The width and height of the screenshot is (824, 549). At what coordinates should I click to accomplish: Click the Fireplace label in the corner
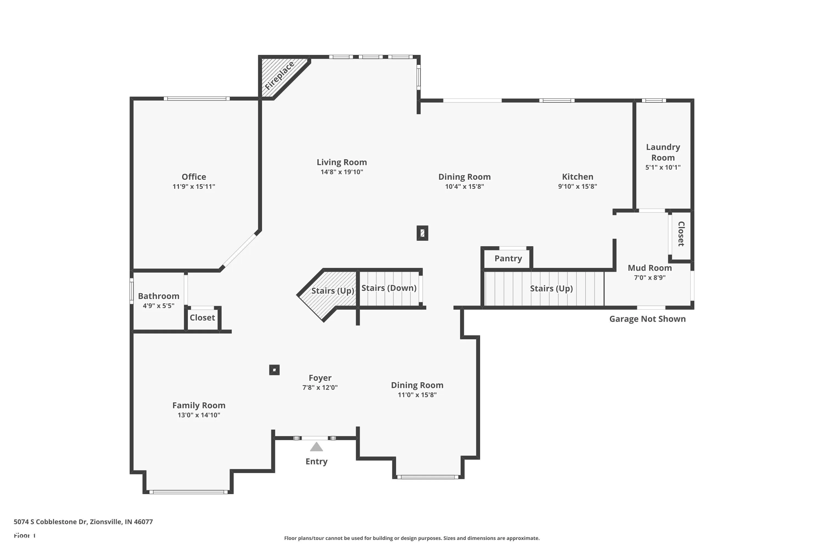tap(279, 76)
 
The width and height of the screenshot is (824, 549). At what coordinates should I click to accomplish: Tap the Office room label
tap(194, 177)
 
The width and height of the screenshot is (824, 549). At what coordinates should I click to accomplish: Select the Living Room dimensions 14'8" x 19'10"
tap(342, 172)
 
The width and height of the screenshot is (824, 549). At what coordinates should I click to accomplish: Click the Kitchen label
tap(577, 177)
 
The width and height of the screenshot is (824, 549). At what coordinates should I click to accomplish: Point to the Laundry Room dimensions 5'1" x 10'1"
tap(663, 167)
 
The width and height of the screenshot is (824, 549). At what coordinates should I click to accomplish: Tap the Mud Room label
tap(650, 268)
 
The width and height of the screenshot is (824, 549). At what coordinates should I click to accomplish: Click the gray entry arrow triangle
tap(316, 447)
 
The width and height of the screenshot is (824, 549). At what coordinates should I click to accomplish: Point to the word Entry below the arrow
tap(316, 461)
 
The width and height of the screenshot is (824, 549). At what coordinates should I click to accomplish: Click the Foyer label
tap(320, 378)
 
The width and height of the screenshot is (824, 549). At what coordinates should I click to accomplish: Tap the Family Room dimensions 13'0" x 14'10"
tap(199, 415)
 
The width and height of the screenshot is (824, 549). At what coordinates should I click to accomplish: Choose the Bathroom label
tap(158, 296)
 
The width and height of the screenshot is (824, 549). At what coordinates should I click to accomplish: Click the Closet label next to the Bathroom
tap(202, 318)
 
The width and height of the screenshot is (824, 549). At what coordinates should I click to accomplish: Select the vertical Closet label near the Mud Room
tap(681, 234)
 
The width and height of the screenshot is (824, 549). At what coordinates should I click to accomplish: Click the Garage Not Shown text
tap(647, 319)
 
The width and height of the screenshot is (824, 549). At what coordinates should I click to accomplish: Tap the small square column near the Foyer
tap(274, 370)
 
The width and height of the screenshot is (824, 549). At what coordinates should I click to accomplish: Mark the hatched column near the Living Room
tap(422, 233)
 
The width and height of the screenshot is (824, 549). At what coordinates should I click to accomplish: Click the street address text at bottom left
tap(83, 522)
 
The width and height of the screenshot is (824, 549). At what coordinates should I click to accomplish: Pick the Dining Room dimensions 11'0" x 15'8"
tap(417, 395)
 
